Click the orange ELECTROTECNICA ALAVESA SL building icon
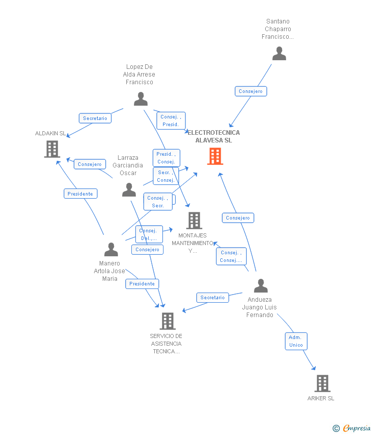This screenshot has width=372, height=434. (215, 156)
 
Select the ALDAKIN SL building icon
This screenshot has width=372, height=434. (52, 149)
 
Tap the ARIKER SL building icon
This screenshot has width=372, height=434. (322, 383)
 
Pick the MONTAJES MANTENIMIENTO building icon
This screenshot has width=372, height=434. (194, 221)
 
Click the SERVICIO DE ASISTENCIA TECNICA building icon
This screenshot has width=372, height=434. (168, 321)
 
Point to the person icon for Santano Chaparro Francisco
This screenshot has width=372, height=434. (279, 54)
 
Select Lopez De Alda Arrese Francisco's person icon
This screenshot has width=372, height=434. (141, 99)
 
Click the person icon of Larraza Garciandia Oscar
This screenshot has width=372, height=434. (129, 190)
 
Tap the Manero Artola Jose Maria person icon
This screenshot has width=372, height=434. (111, 250)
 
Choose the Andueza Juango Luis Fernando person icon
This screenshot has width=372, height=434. (261, 286)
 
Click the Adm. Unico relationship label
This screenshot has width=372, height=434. (296, 341)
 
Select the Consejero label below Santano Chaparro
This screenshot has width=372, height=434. (250, 91)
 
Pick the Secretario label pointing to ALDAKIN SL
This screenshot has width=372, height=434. (95, 118)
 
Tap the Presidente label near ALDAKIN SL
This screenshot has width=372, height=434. (80, 194)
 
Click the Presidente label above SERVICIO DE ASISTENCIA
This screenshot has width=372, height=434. (142, 284)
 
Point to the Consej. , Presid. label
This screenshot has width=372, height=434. (170, 120)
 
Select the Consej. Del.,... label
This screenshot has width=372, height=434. (149, 234)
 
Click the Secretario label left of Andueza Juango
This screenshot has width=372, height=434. (213, 298)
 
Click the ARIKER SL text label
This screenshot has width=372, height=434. (321, 398)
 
